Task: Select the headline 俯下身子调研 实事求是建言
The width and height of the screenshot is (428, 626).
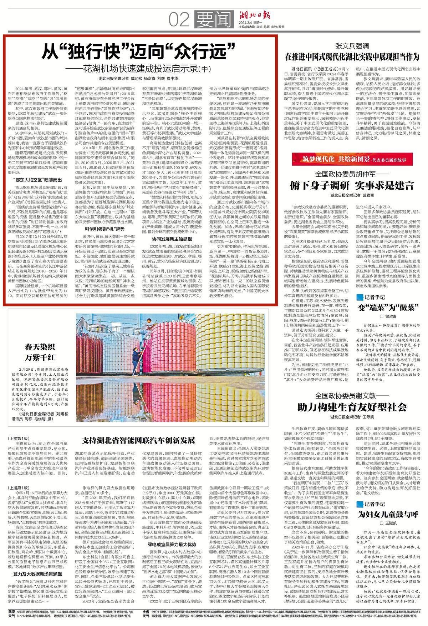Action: [x=352, y=185]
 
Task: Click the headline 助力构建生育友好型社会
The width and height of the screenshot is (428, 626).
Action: [x=352, y=407]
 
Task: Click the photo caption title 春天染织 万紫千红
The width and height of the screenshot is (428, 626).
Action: [x=40, y=352]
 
